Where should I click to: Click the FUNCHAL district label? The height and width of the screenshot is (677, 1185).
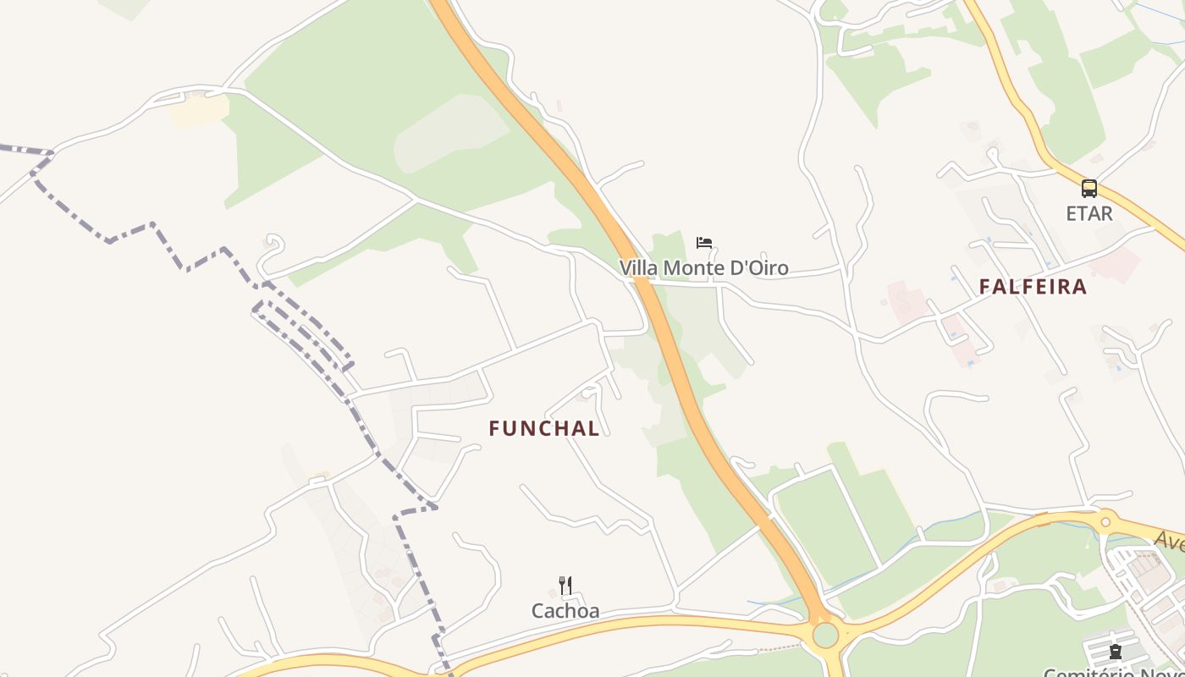544,429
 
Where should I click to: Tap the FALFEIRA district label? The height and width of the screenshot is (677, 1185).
1033,287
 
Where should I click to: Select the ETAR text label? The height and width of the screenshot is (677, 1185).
1089,213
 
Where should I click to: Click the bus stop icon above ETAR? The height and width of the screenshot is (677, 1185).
1089,189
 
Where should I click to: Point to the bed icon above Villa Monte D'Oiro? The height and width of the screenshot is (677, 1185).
704,243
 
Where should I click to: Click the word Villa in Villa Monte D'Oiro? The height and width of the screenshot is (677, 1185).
639,268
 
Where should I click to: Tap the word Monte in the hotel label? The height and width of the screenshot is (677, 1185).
694,268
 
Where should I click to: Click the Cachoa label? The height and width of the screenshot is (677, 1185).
565,610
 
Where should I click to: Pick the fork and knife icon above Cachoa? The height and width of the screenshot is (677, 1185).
565,586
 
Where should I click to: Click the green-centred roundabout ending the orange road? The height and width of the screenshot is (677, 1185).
825,635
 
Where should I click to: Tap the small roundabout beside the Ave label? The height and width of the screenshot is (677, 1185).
1105,521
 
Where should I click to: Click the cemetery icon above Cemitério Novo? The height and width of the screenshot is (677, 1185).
1116,652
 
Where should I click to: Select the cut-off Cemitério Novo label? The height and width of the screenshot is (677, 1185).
1113,672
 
